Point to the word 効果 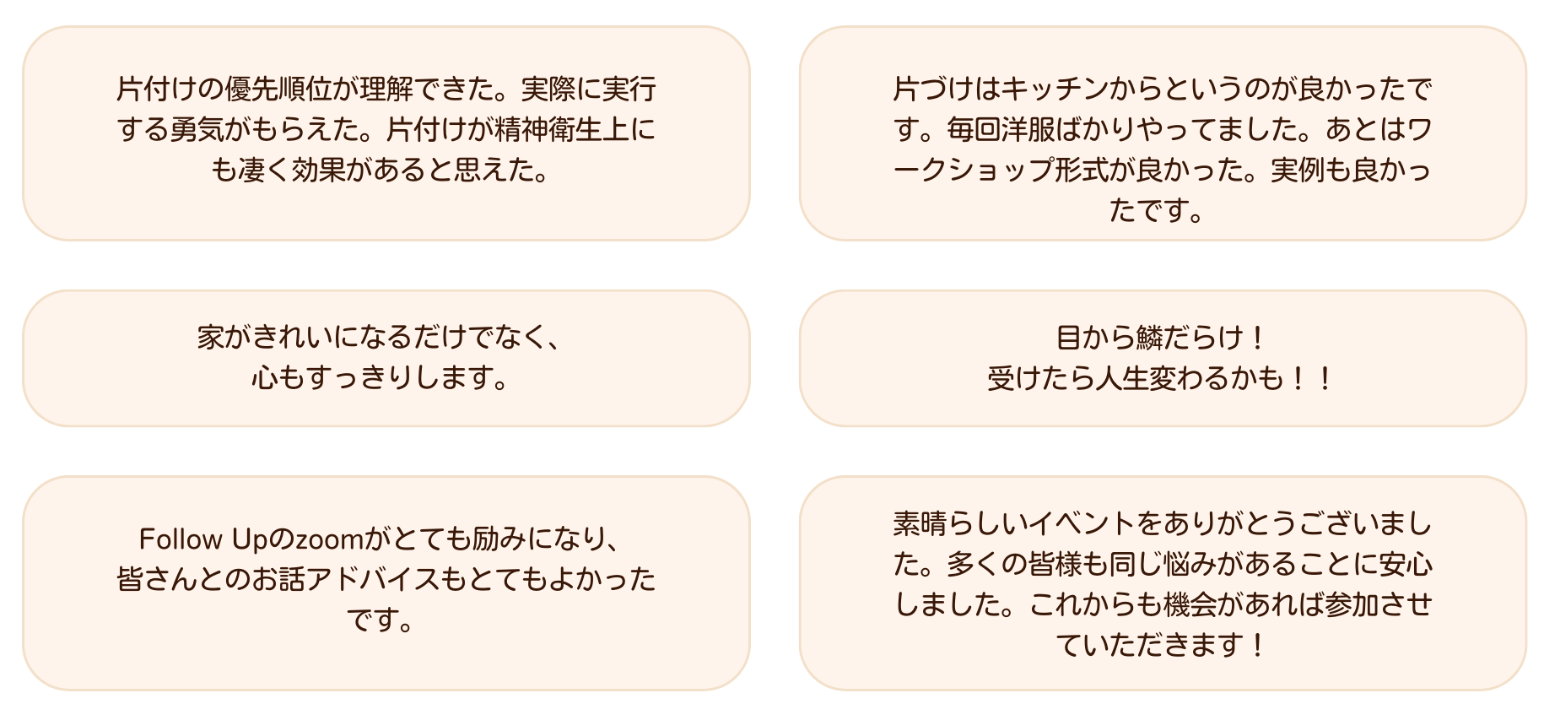[318, 171]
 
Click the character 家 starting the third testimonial [210, 338]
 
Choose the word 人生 [1123, 378]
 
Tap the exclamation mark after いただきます [1258, 646]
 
